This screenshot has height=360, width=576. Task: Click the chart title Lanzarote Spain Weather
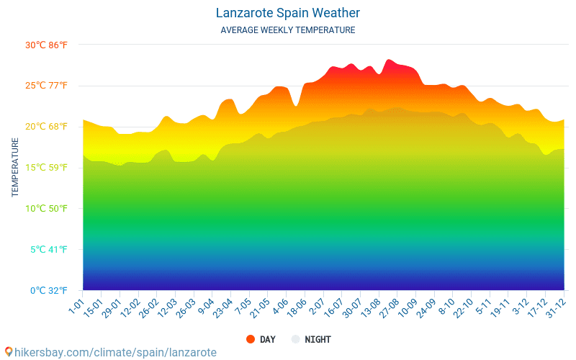(288, 13)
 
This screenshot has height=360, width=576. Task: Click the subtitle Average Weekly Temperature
(288, 30)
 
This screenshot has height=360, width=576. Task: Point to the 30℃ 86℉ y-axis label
(46, 45)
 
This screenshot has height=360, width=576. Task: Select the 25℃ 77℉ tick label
(46, 86)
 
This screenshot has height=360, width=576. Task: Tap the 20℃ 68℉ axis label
(46, 127)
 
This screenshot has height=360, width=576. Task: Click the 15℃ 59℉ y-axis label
(46, 168)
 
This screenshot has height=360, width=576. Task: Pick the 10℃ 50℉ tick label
(46, 209)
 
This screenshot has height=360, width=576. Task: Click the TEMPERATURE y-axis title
(15, 168)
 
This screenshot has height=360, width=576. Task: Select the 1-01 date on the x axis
(76, 304)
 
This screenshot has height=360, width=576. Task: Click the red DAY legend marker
(251, 339)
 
